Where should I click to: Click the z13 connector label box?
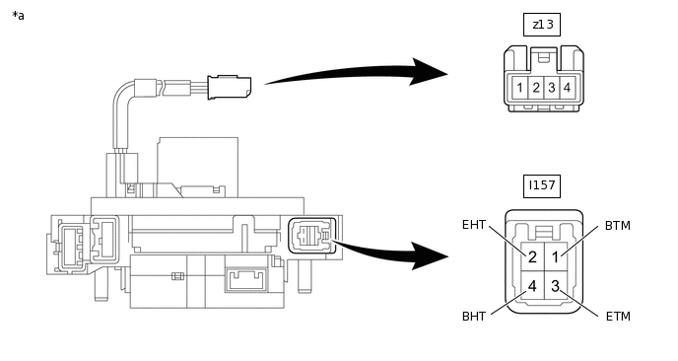[x=542, y=25]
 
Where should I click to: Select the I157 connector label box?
[x=542, y=186]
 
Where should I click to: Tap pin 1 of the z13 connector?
[x=519, y=88]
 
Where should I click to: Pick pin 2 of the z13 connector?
[x=536, y=88]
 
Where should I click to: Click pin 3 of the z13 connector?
[x=552, y=88]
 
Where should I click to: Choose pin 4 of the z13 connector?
[x=568, y=88]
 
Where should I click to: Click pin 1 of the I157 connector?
[x=556, y=256]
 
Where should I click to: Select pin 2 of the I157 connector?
[x=532, y=256]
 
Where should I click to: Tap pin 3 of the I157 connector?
[x=556, y=285]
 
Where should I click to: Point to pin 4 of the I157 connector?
[x=532, y=285]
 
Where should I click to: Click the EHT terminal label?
[x=474, y=225]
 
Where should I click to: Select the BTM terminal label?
[x=618, y=226]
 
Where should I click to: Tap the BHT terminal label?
[x=474, y=317]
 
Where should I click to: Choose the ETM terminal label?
[x=618, y=317]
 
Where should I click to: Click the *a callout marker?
[x=18, y=16]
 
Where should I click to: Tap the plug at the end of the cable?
[x=229, y=88]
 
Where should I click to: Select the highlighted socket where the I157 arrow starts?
[x=311, y=236]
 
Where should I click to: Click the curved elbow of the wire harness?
[x=120, y=92]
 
